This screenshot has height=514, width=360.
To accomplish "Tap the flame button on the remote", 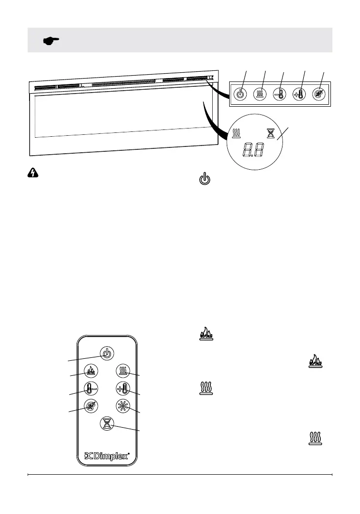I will coord(91,371).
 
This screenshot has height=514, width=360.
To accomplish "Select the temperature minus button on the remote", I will coord(91,388).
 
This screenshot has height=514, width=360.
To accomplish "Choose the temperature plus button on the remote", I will coord(123,388).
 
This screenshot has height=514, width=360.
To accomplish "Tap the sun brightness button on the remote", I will coord(123,405).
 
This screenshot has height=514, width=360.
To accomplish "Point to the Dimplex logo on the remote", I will coord(107,456).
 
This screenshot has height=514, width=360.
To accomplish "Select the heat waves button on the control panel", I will coord(260,94).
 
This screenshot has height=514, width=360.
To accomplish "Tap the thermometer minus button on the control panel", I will coord(280,94).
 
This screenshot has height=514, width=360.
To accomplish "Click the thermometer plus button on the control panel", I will coord(299,94).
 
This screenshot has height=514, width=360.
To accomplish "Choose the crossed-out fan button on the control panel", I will coord(319,94).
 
